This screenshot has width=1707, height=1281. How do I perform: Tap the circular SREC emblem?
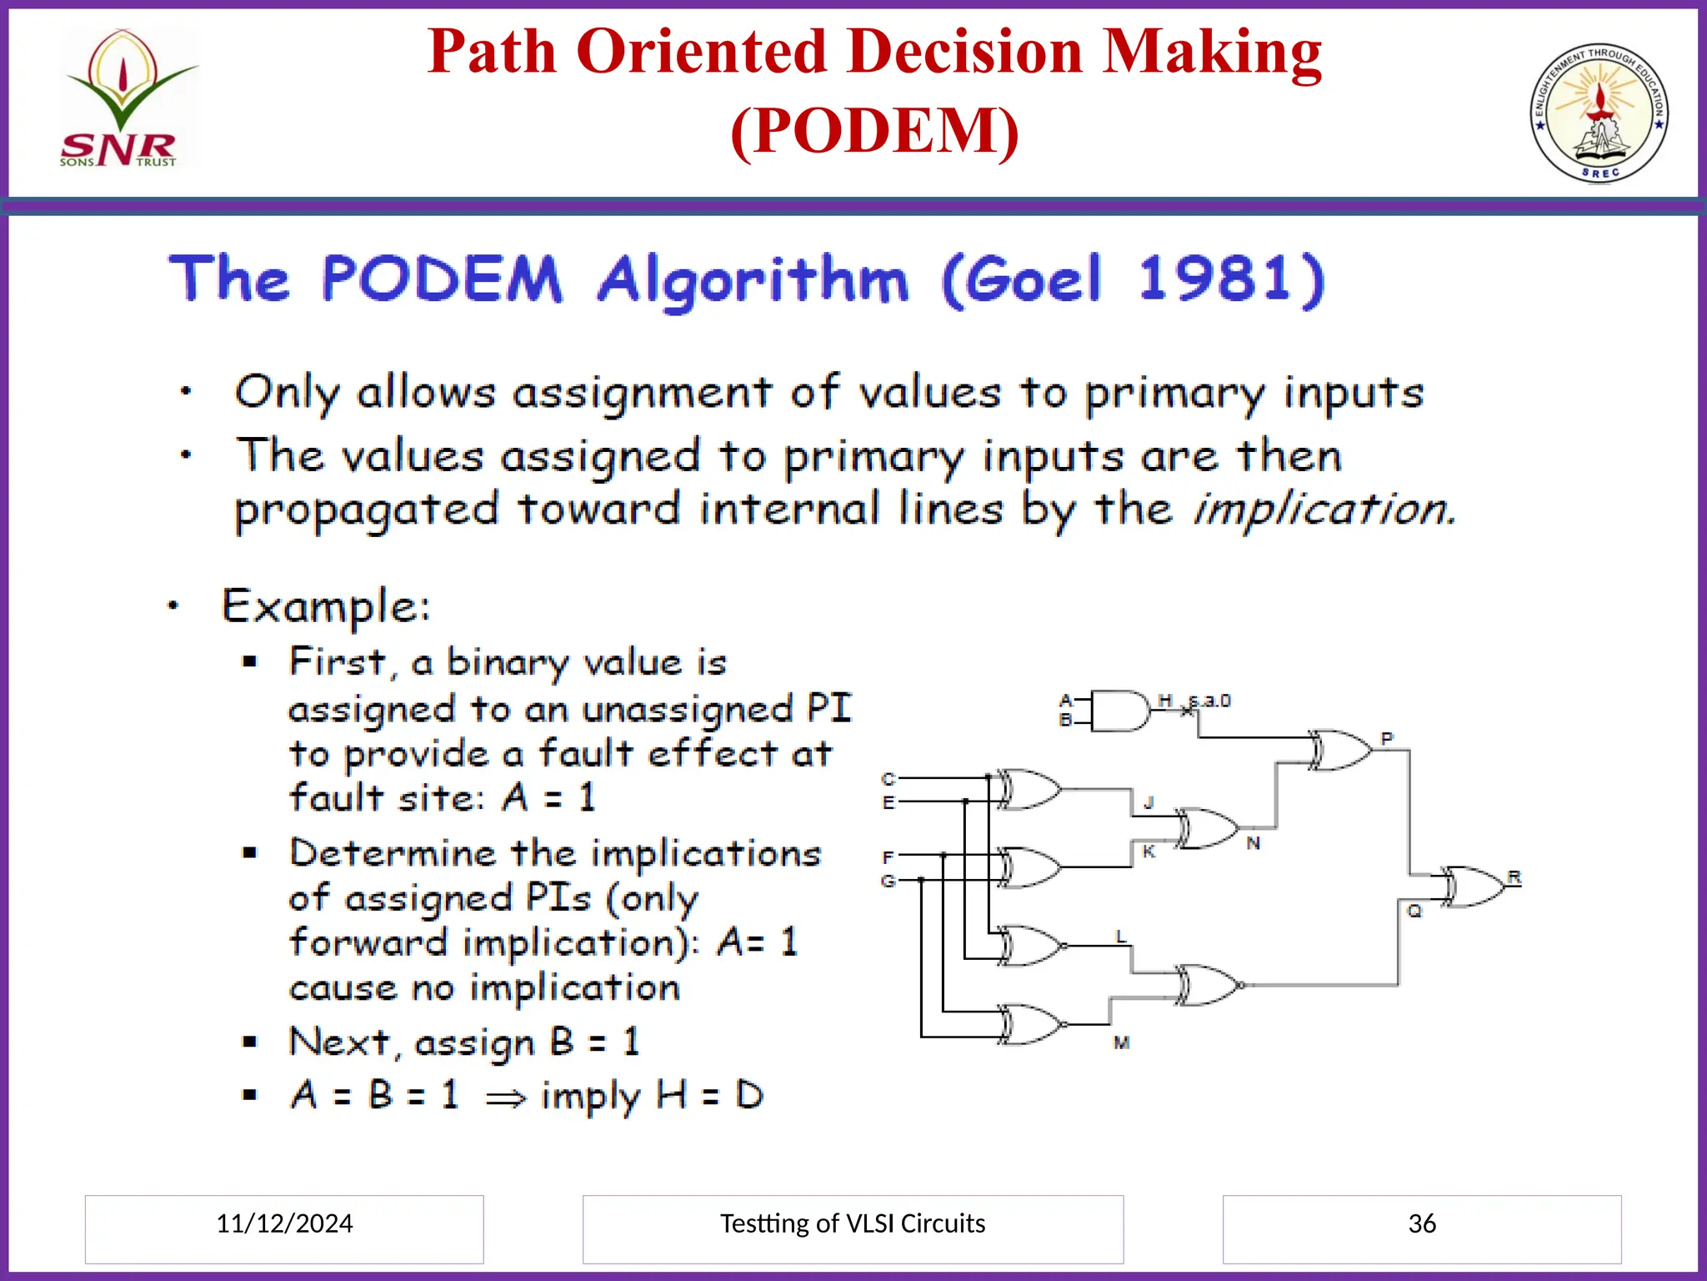tap(1599, 113)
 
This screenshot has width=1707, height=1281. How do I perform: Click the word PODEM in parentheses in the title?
tap(874, 132)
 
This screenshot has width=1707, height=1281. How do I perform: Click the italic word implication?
tap(1324, 509)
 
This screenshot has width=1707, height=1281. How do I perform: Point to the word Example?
tap(326, 606)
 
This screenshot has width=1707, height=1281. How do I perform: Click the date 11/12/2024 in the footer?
tap(284, 1223)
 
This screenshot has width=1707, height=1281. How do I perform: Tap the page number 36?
tap(1422, 1223)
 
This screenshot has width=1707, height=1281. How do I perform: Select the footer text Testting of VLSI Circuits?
tap(852, 1223)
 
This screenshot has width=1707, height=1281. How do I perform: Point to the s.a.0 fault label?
tap(1209, 701)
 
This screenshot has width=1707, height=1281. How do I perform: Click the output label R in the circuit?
tap(1514, 877)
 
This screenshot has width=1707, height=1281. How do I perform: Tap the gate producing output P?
tap(1339, 750)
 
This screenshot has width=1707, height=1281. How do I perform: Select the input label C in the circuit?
tap(888, 779)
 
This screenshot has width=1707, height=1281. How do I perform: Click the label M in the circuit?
tap(1121, 1042)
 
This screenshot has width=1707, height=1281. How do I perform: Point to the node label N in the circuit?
tap(1253, 843)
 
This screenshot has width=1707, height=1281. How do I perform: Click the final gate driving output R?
tap(1473, 887)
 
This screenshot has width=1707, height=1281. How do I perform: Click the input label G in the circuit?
tap(888, 881)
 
